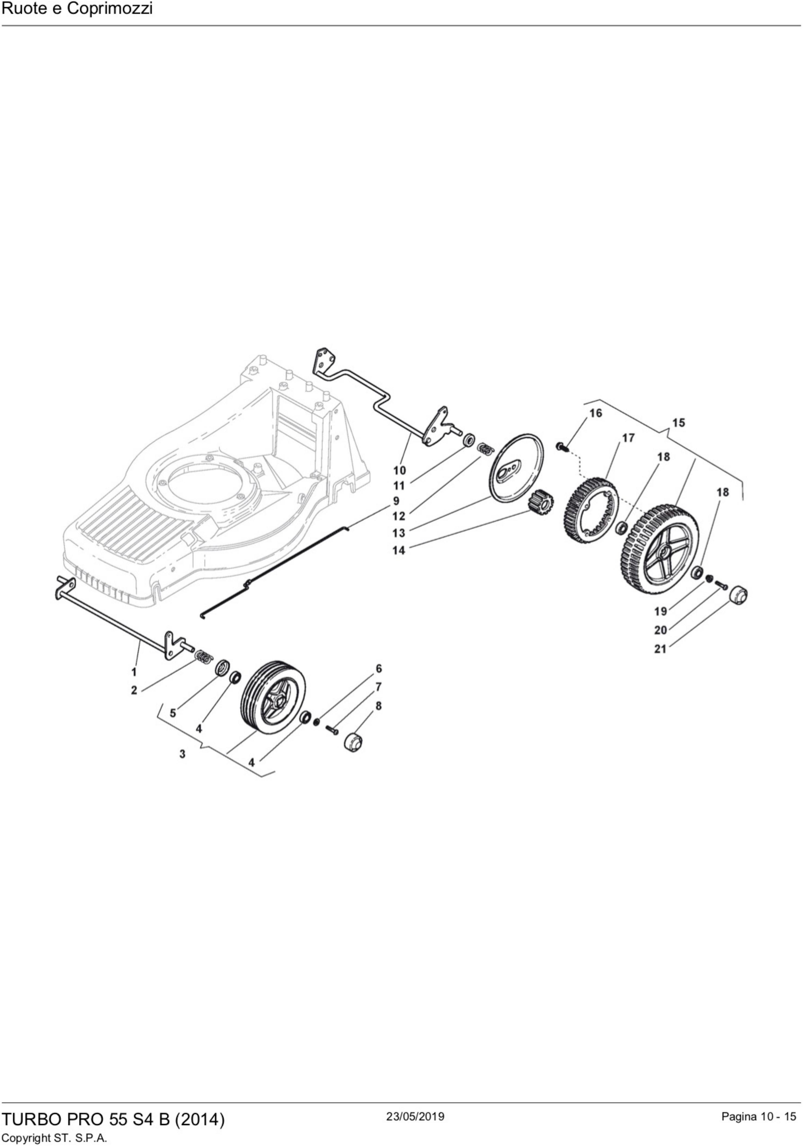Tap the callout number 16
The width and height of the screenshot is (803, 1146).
coord(595,413)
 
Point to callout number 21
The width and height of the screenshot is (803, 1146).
coord(660,649)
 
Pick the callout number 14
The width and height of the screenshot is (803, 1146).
coord(399,550)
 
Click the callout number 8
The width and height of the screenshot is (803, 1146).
coord(378,705)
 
